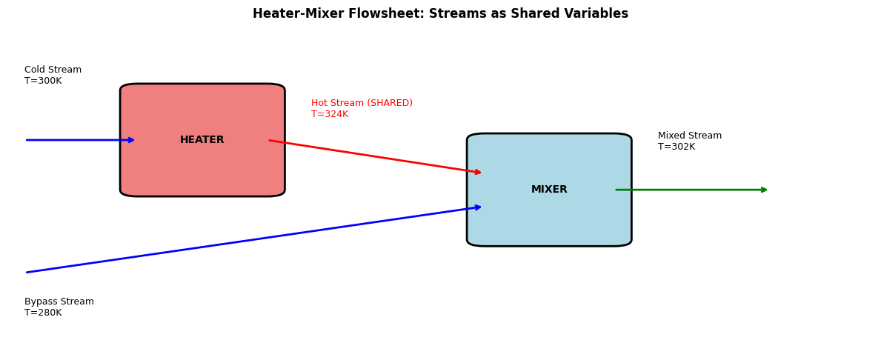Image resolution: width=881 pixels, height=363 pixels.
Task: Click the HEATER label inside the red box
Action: click(x=202, y=140)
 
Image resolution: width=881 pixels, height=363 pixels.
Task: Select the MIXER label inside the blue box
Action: click(x=549, y=190)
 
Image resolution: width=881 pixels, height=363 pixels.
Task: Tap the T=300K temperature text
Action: click(x=43, y=81)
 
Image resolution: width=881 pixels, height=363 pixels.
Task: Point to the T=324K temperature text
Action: click(x=329, y=114)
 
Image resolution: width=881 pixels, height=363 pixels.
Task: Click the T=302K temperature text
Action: click(x=676, y=147)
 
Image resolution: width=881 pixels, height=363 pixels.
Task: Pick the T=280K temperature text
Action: click(x=43, y=313)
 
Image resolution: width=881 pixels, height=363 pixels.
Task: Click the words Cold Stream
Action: click(x=53, y=70)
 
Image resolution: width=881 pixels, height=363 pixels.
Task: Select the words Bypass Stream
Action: click(x=59, y=302)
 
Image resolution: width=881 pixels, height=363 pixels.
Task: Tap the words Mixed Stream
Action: click(x=690, y=136)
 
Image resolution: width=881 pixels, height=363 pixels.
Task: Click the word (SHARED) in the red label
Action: click(x=389, y=104)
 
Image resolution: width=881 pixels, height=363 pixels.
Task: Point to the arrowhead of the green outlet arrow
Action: click(x=764, y=190)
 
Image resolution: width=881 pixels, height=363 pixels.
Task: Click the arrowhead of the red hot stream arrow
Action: click(x=478, y=172)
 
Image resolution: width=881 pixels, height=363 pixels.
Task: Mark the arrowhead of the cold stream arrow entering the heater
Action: click(x=131, y=140)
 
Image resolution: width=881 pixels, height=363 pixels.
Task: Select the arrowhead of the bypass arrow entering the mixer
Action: click(x=478, y=207)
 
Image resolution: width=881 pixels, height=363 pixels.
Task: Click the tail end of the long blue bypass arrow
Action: click(x=27, y=273)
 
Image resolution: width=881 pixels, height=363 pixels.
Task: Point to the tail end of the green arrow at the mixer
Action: click(x=616, y=190)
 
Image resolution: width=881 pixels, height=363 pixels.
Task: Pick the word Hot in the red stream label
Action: click(x=319, y=104)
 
